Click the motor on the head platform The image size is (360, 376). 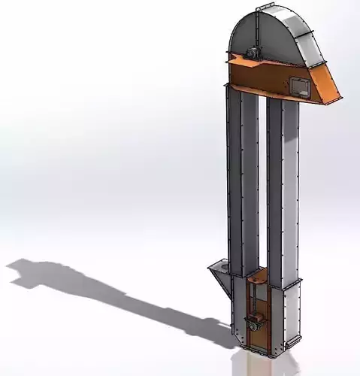[x=251, y=54]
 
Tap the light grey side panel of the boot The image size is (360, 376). [x=286, y=316]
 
